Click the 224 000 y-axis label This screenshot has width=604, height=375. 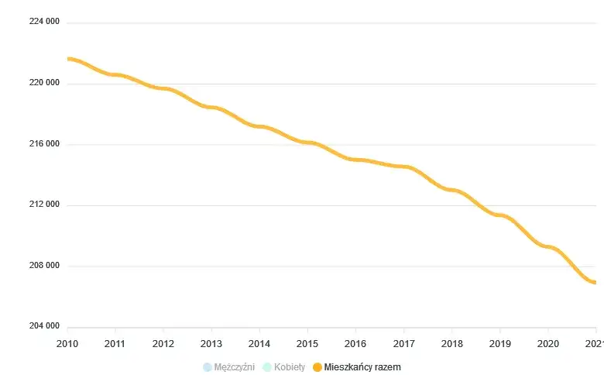coord(44,22)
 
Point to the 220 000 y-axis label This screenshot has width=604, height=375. coord(44,83)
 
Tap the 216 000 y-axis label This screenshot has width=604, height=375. coord(44,144)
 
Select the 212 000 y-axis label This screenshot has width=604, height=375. coord(44,205)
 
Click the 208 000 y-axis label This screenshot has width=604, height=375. coord(44,266)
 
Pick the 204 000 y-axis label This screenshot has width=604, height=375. coord(44,327)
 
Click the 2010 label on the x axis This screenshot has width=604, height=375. coord(67,343)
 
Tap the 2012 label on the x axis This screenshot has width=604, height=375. coord(163,343)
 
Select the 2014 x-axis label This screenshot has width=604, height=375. coord(259,343)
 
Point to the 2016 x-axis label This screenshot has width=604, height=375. coord(355,343)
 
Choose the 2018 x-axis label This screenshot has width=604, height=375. coord(451,343)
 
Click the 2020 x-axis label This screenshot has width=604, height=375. coord(547,343)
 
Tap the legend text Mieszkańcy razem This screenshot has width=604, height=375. coord(362,367)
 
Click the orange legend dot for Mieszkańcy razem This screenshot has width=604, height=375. coord(317,367)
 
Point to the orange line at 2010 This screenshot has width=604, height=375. coord(68,59)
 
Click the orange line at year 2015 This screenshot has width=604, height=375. coord(307,143)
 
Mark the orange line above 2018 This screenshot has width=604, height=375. coord(451,190)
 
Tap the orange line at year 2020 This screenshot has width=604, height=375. coord(547,247)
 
